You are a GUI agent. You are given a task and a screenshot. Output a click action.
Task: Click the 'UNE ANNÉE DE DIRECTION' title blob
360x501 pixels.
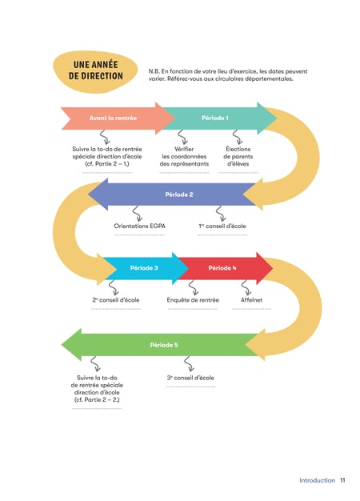95,71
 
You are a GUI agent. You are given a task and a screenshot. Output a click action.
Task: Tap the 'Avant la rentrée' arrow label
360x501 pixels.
113,118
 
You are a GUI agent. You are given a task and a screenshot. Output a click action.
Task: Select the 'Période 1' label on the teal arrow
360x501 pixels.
215,118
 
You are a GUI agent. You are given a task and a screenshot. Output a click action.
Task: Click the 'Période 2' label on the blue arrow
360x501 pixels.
179,194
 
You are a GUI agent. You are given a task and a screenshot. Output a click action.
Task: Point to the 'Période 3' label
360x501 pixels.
144,268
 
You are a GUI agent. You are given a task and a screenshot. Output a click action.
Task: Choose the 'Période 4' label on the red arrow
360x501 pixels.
222,268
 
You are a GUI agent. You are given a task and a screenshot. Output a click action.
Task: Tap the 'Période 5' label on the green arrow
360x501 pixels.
164,345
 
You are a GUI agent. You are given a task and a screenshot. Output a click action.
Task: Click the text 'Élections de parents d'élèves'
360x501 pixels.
238,156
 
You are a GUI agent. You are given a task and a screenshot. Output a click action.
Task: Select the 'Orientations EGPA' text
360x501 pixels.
139,226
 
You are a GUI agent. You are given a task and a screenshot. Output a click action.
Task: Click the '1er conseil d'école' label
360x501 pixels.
222,226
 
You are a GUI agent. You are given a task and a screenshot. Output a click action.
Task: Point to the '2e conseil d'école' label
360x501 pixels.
116,299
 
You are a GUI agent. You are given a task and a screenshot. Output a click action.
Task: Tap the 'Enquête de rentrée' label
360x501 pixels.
193,299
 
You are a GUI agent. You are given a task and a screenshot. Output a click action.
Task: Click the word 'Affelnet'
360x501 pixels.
251,299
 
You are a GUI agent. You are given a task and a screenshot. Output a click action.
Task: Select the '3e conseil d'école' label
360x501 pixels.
190,378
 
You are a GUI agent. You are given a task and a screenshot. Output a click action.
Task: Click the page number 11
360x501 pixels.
342,480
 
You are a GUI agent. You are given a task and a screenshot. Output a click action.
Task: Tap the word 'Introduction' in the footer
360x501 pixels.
317,480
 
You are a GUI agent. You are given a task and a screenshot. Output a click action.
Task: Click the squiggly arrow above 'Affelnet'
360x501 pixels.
246,288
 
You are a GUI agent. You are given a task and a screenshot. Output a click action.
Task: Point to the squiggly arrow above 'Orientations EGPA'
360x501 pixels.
138,214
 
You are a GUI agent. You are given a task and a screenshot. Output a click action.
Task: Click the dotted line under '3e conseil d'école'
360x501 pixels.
190,387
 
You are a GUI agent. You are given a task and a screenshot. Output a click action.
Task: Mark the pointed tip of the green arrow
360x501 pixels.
62,345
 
